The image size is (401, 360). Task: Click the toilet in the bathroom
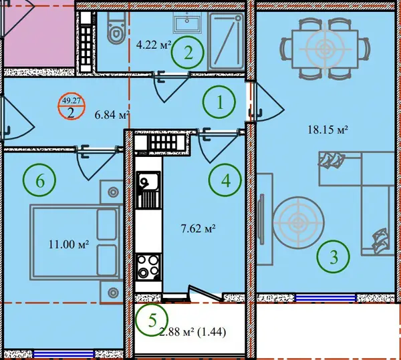coord(116,27)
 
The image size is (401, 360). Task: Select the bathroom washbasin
coord(187,23)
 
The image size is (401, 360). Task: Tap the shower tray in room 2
coord(226,41)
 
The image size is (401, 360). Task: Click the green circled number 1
coord(219,102)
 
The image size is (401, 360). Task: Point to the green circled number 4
coord(225,180)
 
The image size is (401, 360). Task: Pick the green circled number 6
coord(39,180)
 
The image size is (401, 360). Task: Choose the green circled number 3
coord(333,256)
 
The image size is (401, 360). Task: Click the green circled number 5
coord(152,320)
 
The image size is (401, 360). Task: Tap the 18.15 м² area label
coord(327,130)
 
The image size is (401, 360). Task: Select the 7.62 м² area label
coord(198,228)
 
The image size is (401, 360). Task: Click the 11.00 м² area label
coord(69,244)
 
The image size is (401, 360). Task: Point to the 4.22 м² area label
coord(154,45)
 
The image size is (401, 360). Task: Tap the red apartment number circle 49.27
coord(71,106)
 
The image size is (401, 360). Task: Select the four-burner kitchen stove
coord(148,266)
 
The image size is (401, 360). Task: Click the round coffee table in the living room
coord(298,222)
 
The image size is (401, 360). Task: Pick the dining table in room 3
coord(325,49)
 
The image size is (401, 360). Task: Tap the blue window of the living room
coord(325,298)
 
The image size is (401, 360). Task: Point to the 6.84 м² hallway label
coord(112,115)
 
